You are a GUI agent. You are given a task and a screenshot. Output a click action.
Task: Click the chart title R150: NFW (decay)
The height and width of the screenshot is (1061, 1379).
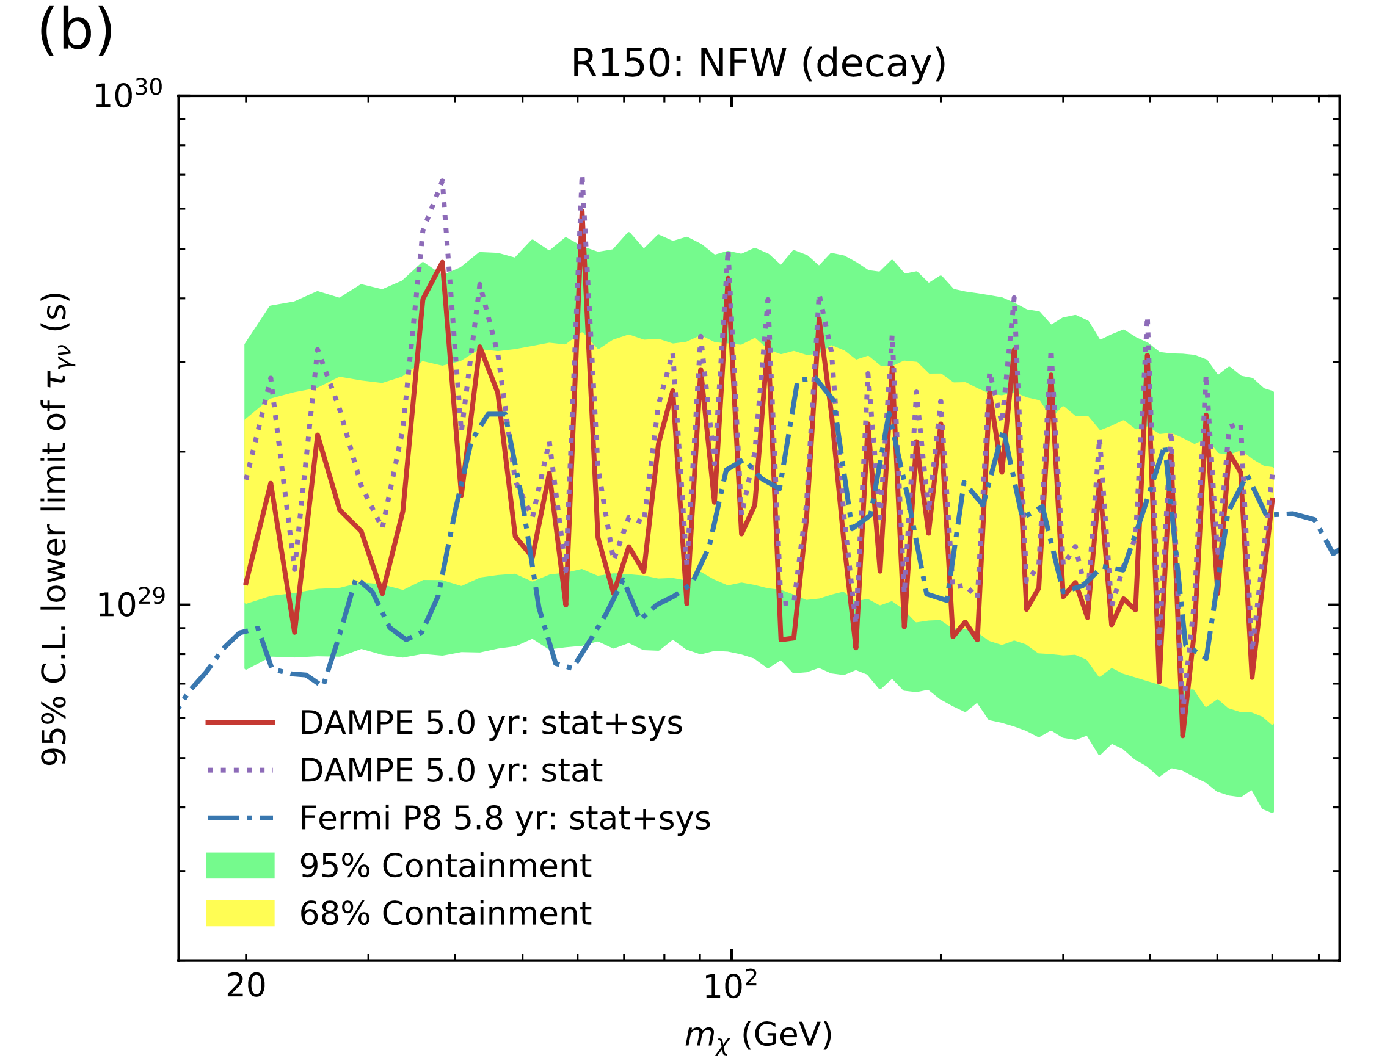pyautogui.click(x=759, y=63)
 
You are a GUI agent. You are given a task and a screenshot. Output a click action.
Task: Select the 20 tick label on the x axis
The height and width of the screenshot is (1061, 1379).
pyautogui.click(x=246, y=986)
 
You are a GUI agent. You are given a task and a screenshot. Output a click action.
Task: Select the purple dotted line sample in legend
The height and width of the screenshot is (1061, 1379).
pyautogui.click(x=240, y=770)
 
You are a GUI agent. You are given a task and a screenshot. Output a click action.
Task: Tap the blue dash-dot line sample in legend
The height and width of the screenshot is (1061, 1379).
pyautogui.click(x=240, y=819)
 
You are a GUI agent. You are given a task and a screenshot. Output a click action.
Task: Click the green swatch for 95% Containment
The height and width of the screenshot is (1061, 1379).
pyautogui.click(x=240, y=865)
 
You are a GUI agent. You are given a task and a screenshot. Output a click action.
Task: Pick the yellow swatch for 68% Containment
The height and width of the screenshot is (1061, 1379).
pyautogui.click(x=240, y=913)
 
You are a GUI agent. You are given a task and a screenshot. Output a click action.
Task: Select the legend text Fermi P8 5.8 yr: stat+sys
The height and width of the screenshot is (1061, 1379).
pyautogui.click(x=504, y=819)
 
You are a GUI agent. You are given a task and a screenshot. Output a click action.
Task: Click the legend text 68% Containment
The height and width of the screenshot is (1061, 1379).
pyautogui.click(x=445, y=913)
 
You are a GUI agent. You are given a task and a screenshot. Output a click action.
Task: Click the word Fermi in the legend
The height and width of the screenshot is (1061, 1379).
pyautogui.click(x=335, y=819)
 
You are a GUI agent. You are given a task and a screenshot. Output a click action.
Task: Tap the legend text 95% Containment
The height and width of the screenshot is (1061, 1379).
pyautogui.click(x=445, y=865)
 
